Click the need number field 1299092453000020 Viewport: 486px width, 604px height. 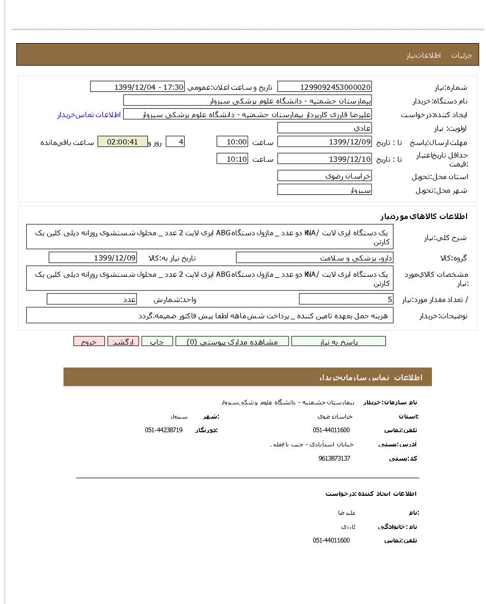click(x=324, y=87)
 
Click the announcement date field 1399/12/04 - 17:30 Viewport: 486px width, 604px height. click(x=138, y=87)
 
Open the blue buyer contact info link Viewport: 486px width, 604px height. click(x=89, y=114)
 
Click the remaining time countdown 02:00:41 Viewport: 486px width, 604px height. click(x=122, y=142)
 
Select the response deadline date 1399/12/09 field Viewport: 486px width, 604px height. click(x=324, y=142)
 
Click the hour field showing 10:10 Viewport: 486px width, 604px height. click(x=232, y=159)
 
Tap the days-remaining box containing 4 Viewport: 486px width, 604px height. click(x=175, y=142)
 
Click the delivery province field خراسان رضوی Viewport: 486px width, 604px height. click(x=324, y=176)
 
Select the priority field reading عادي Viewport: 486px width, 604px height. click(x=324, y=128)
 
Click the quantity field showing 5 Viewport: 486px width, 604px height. click(x=346, y=299)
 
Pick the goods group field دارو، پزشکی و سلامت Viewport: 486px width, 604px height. click(x=314, y=257)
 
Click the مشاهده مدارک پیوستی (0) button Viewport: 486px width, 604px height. click(x=232, y=341)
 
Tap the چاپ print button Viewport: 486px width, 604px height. click(x=157, y=341)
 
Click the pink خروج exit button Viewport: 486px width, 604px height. click(x=89, y=341)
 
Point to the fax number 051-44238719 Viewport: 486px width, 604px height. click(x=164, y=430)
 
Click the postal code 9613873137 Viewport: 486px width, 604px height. click(x=334, y=459)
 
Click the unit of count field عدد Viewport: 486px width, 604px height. click(x=92, y=299)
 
